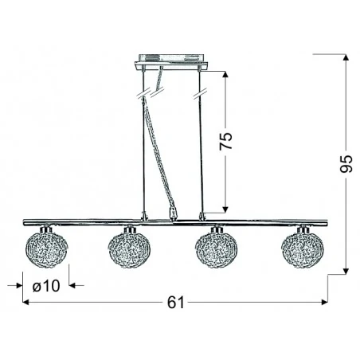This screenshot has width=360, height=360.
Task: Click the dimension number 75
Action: pos(227,141)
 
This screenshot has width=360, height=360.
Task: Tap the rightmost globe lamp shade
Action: pos(301,248)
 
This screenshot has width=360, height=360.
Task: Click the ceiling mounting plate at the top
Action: pos(172,61)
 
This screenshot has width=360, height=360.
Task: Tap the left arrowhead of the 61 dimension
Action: pos(26,303)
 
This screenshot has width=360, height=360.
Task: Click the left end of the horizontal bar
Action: pos(25,221)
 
